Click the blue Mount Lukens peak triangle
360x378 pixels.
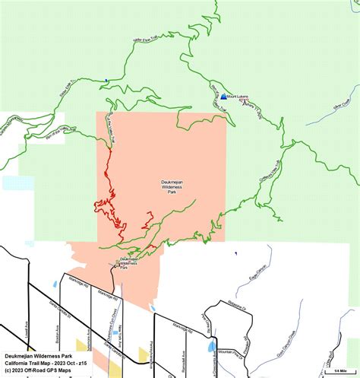point(223,97)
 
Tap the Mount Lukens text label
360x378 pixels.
point(238,97)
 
